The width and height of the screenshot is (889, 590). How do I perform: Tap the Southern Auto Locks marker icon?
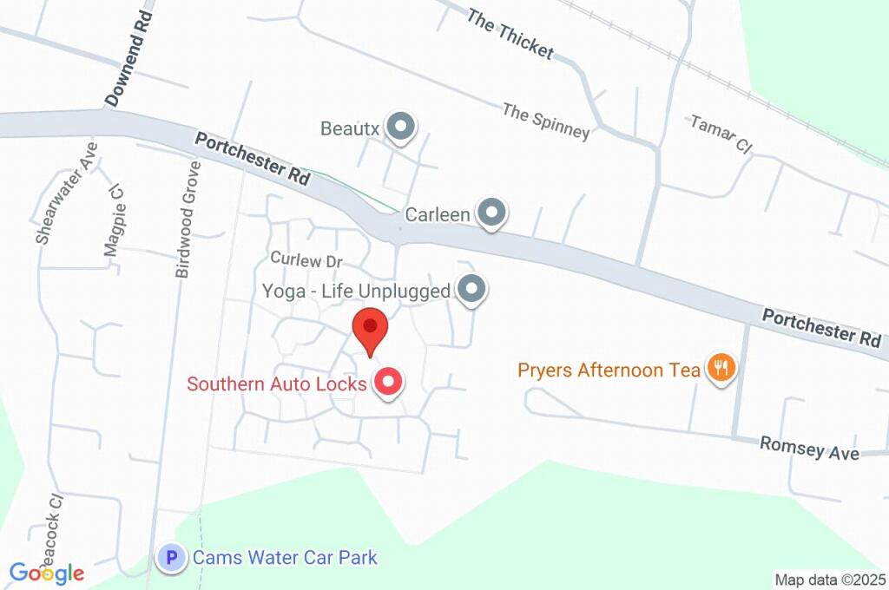388,382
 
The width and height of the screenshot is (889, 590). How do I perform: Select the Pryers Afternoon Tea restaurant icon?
721,370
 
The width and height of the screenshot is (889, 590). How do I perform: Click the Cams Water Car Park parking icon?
172,557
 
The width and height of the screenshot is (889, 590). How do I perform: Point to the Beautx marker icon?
400,128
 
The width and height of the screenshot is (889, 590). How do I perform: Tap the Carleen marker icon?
492,213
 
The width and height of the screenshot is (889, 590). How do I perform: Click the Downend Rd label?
128,60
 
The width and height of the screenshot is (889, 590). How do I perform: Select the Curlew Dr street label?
307,259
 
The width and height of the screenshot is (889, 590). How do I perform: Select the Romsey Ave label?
809,448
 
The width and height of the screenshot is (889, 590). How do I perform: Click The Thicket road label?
510,34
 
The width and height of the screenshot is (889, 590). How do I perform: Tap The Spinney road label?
546,121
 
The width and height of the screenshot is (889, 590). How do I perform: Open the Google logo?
47,573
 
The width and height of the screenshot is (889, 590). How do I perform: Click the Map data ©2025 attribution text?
829,580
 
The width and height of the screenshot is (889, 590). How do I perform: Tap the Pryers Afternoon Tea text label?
609,370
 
